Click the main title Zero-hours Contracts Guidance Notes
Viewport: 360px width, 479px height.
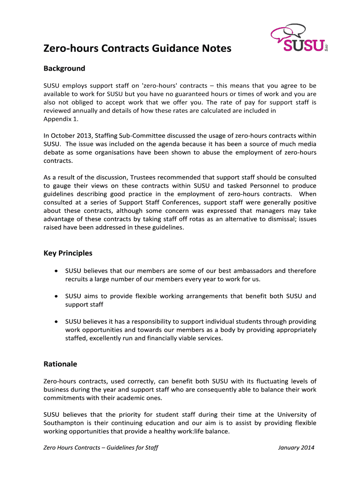[x=137, y=49]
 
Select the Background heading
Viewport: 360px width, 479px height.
[x=64, y=69]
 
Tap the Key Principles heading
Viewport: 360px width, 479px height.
[x=68, y=253]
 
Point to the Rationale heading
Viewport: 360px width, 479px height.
[x=60, y=364]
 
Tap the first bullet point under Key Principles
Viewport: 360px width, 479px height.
[x=56, y=271]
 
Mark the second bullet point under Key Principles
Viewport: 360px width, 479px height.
[x=56, y=296]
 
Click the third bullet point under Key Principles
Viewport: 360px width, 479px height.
[x=56, y=321]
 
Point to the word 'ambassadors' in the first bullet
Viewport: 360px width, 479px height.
[x=251, y=271]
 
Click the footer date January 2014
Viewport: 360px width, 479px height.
[x=296, y=448]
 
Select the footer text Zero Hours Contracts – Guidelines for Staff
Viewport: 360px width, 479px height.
[x=101, y=448]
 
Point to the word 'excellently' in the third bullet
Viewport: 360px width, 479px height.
[x=108, y=338]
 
